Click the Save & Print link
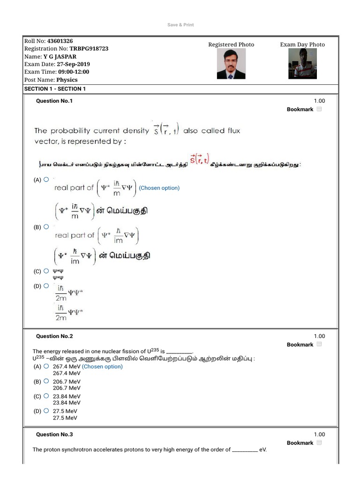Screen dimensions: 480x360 180,25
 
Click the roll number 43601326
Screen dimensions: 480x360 60,41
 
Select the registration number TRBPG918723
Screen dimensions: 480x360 89,49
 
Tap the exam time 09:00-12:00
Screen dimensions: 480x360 73,72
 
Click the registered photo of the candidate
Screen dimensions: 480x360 231,64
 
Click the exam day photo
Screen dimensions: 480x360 302,64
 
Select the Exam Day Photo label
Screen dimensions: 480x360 302,45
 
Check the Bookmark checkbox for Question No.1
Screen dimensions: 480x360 319,109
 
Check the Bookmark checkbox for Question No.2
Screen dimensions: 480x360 319,344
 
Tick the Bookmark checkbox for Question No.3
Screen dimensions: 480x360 319,442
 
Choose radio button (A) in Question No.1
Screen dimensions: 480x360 46,179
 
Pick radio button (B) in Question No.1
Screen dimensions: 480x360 46,226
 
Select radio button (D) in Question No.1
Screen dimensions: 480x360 46,285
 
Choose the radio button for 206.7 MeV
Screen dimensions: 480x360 46,381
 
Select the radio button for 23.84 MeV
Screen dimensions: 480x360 46,396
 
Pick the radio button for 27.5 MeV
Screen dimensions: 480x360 46,411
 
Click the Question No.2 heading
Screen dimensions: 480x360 54,336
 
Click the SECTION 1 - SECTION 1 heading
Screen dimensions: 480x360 55,89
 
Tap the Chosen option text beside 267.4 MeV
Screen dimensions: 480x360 102,367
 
